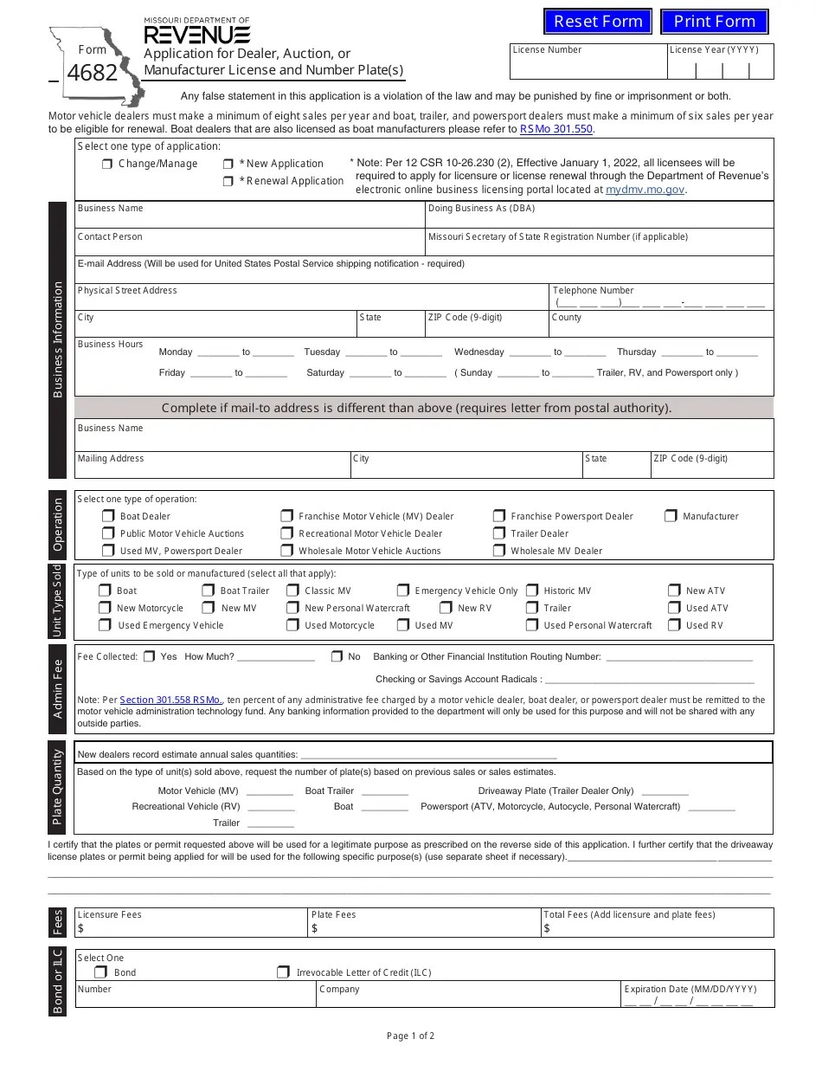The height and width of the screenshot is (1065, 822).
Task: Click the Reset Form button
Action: (x=598, y=22)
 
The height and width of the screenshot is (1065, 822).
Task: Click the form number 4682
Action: (x=92, y=74)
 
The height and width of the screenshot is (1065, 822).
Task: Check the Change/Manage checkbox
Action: (x=107, y=164)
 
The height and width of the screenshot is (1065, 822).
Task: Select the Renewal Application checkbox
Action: (x=228, y=181)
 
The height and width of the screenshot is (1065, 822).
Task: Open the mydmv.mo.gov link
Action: (x=645, y=189)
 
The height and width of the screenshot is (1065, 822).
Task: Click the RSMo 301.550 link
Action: (x=555, y=129)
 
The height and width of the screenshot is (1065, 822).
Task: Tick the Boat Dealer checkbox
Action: (x=108, y=516)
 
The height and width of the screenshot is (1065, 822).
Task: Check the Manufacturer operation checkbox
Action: (x=671, y=516)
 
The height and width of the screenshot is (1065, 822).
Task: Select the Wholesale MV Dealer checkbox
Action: (x=499, y=551)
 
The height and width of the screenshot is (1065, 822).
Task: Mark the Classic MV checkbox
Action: (x=292, y=591)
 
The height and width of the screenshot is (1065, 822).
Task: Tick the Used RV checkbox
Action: (x=674, y=625)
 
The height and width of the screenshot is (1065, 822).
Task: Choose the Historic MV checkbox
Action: (x=531, y=591)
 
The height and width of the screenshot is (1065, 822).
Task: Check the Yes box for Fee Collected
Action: (x=150, y=656)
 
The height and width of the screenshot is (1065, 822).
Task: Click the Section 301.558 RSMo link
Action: (x=170, y=700)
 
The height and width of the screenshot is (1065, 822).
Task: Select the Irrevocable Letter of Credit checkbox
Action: (x=283, y=972)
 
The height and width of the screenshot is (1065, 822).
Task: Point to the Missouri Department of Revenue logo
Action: (x=197, y=32)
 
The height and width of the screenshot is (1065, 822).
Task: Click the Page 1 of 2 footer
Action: (x=410, y=1036)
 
